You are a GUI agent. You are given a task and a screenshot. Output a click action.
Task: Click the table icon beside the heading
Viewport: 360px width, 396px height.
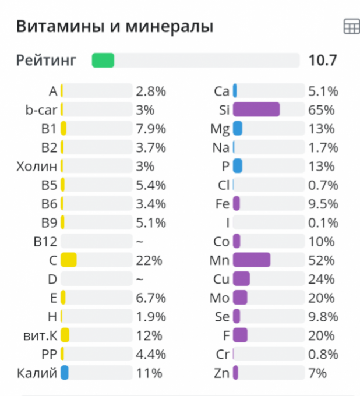(351, 27)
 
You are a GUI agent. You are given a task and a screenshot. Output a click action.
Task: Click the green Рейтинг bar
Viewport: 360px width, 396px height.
(103, 60)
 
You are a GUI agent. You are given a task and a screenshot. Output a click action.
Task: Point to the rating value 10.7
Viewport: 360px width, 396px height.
(323, 60)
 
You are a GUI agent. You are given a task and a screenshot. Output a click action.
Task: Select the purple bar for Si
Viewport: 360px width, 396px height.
(256, 109)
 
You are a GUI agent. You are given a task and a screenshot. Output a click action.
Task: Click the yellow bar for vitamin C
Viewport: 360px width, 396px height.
(69, 260)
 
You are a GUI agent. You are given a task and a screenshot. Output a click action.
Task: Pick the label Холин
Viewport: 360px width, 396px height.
(37, 166)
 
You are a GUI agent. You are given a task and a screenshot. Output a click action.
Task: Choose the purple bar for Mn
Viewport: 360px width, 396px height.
(252, 260)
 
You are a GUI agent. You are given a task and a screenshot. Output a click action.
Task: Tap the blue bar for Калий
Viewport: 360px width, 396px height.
(65, 373)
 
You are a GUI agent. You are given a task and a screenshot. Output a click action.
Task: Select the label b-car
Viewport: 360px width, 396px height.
(41, 109)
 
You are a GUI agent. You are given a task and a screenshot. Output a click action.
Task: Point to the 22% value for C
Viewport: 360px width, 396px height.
(149, 260)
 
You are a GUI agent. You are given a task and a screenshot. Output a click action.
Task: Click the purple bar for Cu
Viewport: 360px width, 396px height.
(241, 279)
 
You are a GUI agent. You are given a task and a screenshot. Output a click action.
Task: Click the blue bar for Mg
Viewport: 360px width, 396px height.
(238, 128)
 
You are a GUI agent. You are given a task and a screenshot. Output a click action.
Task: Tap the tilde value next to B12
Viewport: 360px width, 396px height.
(139, 241)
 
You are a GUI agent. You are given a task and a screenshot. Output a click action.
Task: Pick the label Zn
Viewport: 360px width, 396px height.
(222, 373)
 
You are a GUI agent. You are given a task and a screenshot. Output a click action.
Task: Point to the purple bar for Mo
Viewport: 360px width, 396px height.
(240, 298)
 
